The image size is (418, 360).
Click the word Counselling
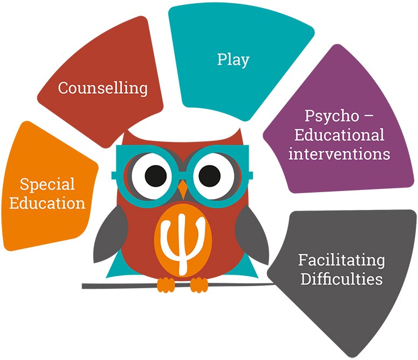click(x=102, y=88)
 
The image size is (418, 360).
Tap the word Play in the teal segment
click(x=233, y=60)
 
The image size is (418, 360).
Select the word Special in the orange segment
click(x=47, y=185)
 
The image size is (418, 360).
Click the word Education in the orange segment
click(x=47, y=203)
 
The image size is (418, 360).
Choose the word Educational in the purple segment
click(x=339, y=135)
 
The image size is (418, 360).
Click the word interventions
click(x=339, y=154)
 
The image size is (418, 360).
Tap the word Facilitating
click(x=341, y=260)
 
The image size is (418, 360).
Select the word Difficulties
click(x=341, y=279)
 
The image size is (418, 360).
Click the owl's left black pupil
click(x=156, y=176)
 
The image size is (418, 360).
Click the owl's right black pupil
click(x=209, y=176)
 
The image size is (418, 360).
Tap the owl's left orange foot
click(x=166, y=285)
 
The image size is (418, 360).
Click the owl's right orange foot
click(x=199, y=285)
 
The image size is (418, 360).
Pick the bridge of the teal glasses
click(x=183, y=175)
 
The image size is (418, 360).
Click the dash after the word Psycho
click(x=369, y=116)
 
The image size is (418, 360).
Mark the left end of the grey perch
click(x=83, y=286)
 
